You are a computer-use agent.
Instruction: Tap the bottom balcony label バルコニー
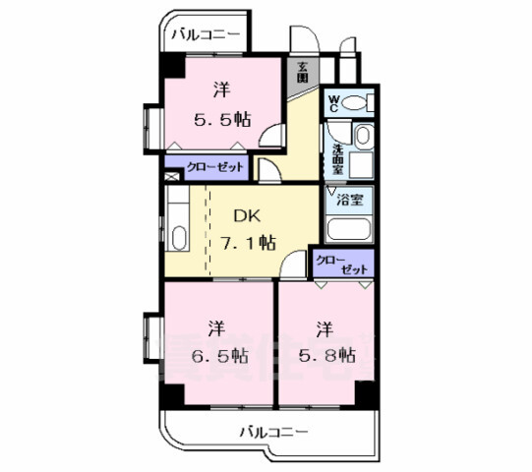pos(274,431)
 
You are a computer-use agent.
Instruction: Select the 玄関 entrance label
pos(304,71)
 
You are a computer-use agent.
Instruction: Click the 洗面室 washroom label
pos(337,156)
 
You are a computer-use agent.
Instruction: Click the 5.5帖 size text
pos(221,120)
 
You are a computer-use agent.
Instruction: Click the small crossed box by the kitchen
pos(171,177)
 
